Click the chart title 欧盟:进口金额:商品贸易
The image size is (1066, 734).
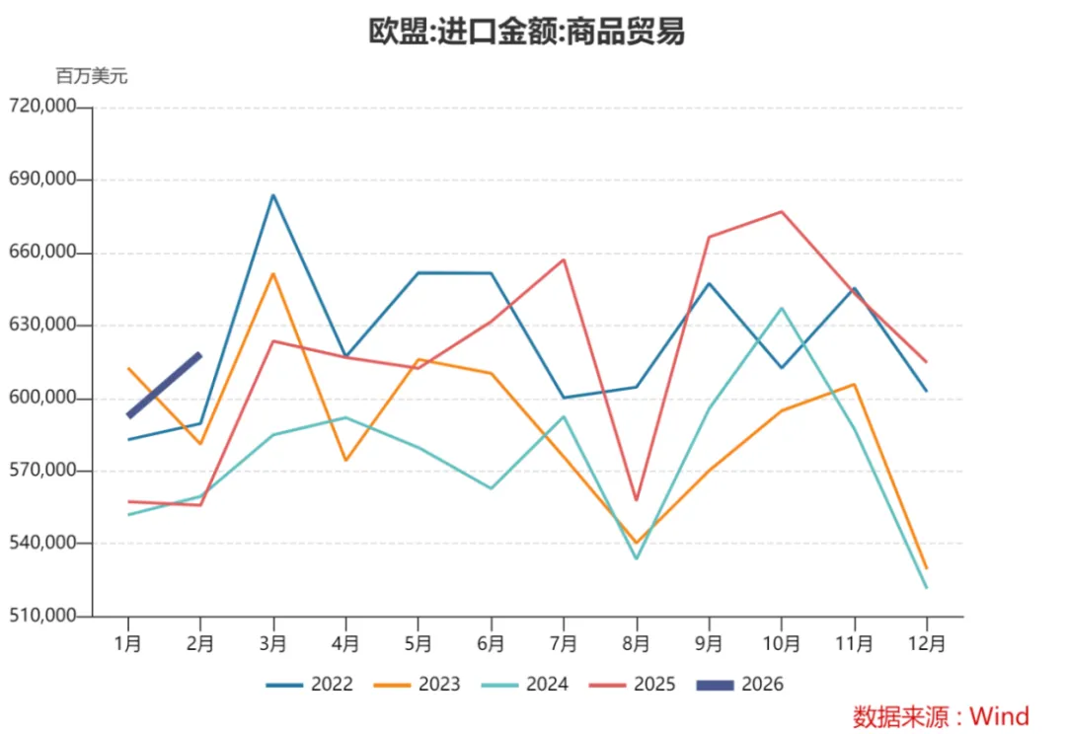[526, 32]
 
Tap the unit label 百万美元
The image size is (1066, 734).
[92, 76]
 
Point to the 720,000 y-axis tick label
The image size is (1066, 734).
[42, 106]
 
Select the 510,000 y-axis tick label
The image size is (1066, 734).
[42, 616]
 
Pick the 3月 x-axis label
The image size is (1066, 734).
[273, 643]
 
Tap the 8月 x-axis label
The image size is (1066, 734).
[637, 643]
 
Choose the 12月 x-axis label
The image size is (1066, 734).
[927, 643]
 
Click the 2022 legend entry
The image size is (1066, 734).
[309, 685]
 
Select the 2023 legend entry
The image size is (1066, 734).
[417, 685]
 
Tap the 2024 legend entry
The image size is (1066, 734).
[524, 685]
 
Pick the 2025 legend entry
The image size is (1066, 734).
[633, 685]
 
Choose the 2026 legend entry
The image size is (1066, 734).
[740, 685]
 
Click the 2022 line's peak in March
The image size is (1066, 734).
[273, 195]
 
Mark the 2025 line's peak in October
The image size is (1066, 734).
[782, 212]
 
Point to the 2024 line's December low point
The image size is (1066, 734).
[926, 587]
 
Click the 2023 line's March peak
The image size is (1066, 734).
[273, 274]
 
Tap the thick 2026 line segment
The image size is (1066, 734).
[165, 385]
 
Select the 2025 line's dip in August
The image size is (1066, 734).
[637, 500]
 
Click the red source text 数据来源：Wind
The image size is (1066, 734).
[941, 716]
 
